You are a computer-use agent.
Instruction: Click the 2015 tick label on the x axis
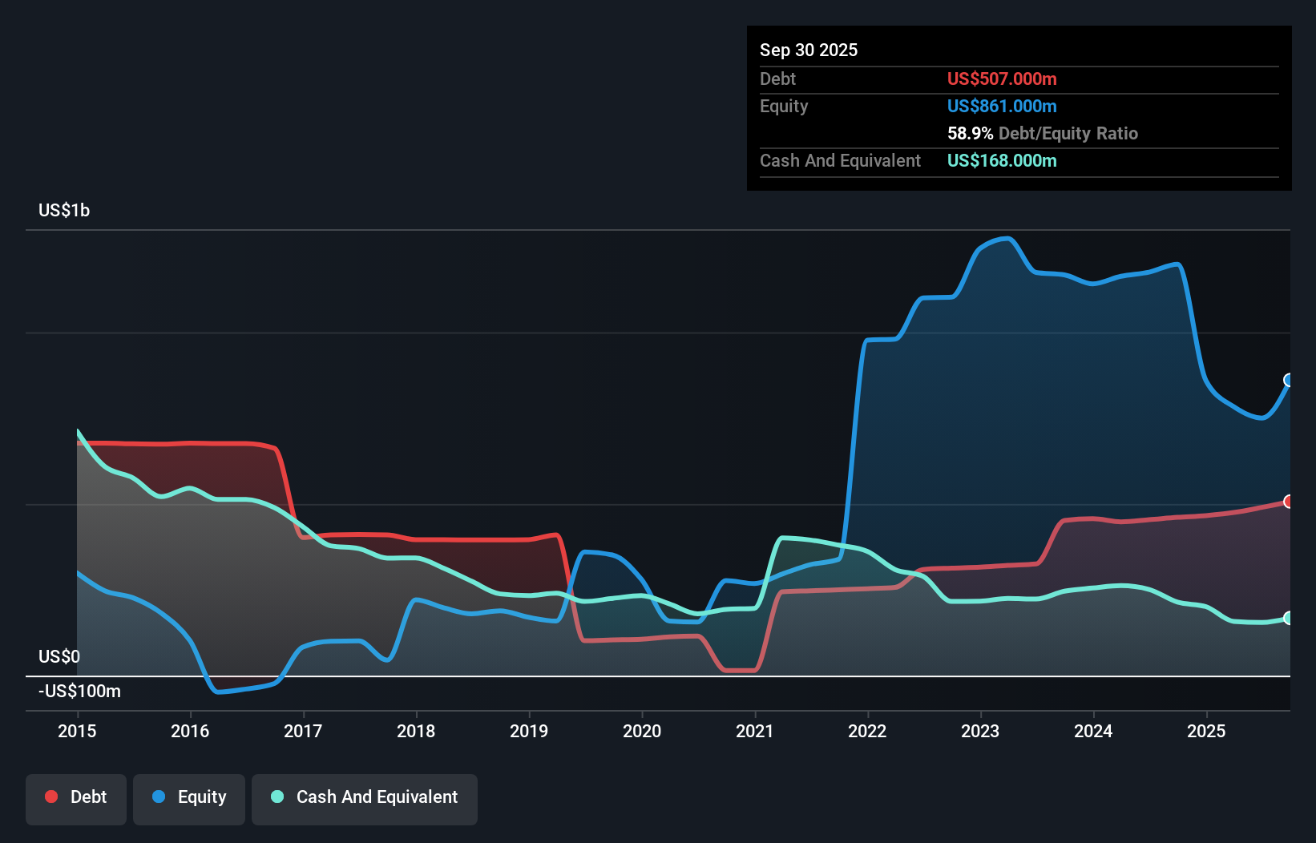77,731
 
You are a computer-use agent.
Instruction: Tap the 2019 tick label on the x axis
529,731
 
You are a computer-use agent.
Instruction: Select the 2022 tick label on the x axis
867,731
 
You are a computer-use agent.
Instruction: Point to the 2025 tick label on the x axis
1206,731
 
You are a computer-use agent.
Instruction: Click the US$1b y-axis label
64,211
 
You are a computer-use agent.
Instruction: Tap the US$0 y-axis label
59,657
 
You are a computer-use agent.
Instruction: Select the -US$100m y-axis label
79,691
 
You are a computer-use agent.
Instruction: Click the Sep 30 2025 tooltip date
809,50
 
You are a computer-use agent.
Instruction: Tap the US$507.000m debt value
1002,79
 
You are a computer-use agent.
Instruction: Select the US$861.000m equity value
1002,107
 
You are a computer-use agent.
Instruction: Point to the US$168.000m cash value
1002,161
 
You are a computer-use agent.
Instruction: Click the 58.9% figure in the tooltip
970,134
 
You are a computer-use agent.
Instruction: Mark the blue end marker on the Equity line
1289,380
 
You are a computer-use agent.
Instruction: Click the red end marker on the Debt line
1289,502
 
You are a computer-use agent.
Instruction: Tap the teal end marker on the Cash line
1289,618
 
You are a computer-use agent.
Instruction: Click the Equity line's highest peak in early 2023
1007,238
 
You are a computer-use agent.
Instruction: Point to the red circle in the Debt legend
51,797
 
